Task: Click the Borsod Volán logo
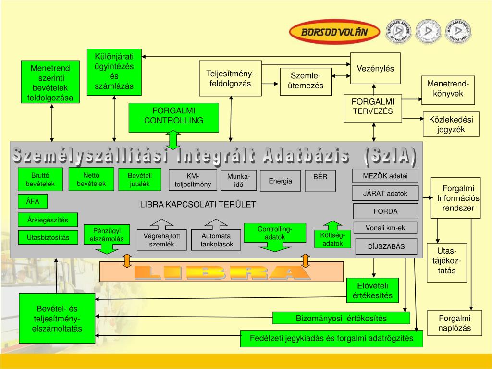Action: click(x=329, y=32)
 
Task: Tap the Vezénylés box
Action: click(x=375, y=69)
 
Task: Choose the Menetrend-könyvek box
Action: click(x=448, y=89)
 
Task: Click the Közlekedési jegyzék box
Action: click(x=450, y=124)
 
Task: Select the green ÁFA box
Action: click(x=33, y=201)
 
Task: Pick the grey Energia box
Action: click(x=281, y=181)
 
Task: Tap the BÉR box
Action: click(x=320, y=180)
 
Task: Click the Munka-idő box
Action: click(x=239, y=181)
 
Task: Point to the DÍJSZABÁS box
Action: click(x=386, y=247)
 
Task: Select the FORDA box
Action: click(x=386, y=211)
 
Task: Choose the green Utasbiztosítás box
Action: click(x=48, y=237)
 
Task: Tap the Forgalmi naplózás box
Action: click(x=454, y=323)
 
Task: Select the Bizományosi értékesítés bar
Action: click(x=341, y=318)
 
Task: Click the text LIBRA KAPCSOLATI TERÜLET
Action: click(x=198, y=204)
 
